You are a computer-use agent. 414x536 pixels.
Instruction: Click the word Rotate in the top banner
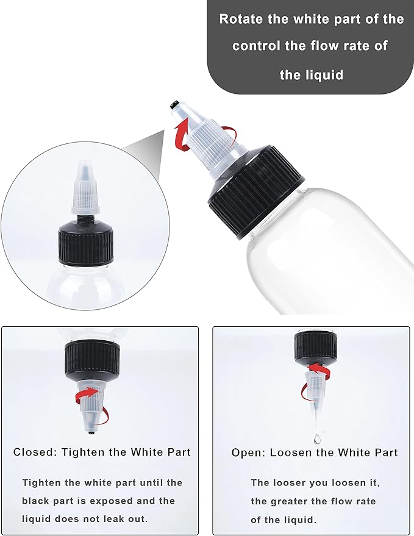click(240, 19)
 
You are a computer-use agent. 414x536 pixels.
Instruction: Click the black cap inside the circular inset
click(85, 244)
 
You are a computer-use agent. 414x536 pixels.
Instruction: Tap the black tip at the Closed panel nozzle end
click(91, 433)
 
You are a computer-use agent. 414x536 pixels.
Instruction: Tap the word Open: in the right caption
click(247, 452)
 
